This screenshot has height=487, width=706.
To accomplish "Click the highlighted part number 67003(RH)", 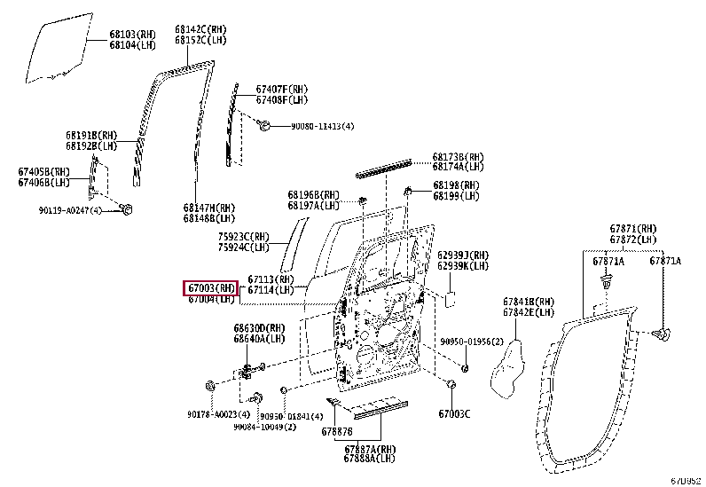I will pos(210,287).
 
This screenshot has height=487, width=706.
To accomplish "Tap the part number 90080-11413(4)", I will pos(323,127).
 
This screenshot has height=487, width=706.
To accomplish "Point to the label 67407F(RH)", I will pos(282,90).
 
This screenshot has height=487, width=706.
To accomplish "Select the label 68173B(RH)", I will pos(459,156).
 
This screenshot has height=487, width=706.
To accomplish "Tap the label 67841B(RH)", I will pos(529,302).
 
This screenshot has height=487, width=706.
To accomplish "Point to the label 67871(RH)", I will pos(632,229).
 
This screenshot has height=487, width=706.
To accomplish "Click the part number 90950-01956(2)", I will pos(472,342).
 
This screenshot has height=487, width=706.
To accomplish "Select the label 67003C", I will pos(454,414).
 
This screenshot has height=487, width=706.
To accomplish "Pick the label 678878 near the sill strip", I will pos(337,431).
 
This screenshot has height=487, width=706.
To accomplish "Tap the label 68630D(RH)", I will pos(259,327).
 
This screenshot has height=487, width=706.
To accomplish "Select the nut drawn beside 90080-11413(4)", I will pos(265,128).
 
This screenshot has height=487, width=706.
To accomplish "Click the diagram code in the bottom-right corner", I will pos(685,480).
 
